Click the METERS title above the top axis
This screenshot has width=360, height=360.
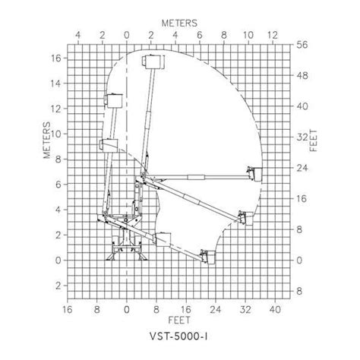tap(180, 24)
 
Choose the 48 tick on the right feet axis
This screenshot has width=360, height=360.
tap(301, 76)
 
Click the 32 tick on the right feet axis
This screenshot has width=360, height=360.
tap(301, 137)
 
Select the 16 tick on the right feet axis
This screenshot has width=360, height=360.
tap(301, 199)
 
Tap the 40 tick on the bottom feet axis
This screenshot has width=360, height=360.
tap(276, 308)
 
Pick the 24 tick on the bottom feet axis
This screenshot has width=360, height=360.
tap(216, 308)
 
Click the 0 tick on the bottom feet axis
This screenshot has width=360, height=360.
tap(127, 308)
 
